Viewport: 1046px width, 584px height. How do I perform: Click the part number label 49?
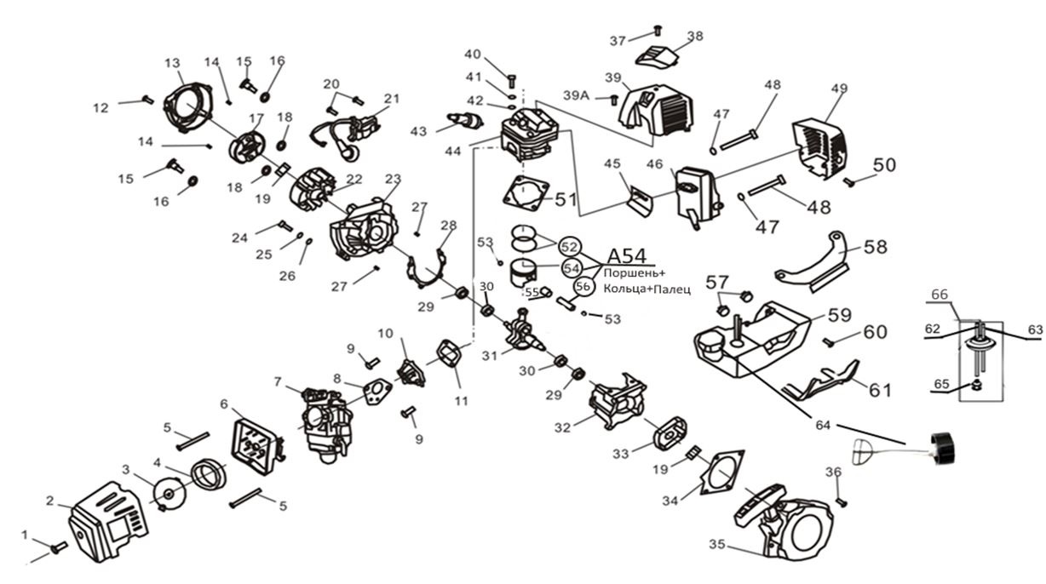[838, 89]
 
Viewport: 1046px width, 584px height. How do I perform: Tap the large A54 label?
[626, 255]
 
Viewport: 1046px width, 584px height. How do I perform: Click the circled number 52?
[570, 246]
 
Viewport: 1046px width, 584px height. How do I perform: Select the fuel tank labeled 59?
[750, 336]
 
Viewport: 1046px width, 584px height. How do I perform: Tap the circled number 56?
[583, 287]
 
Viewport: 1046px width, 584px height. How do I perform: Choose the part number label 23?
[393, 179]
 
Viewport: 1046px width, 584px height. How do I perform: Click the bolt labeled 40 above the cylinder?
[510, 82]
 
